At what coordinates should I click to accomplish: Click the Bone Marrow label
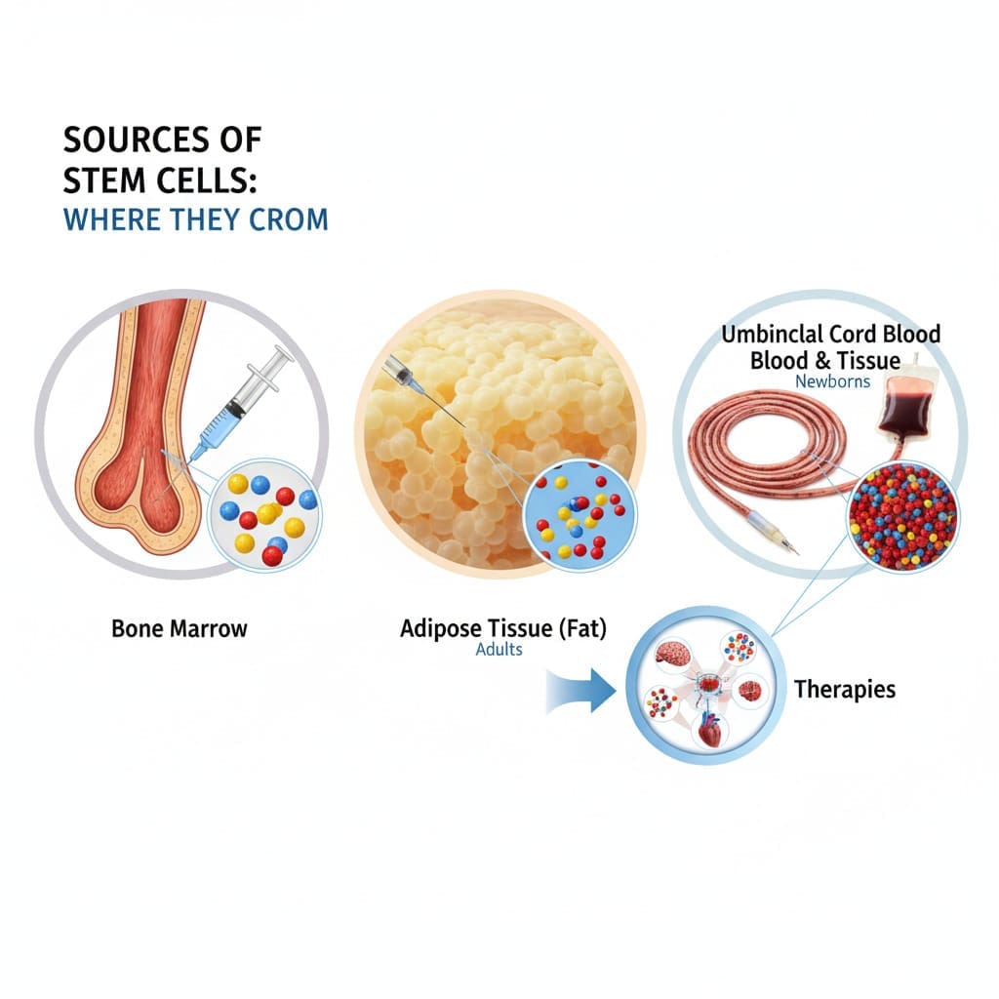pyautogui.click(x=180, y=628)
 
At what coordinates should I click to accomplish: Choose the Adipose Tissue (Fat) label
pyautogui.click(x=503, y=629)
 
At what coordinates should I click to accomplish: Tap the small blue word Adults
pyautogui.click(x=499, y=649)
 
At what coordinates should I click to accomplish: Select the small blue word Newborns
pyautogui.click(x=831, y=380)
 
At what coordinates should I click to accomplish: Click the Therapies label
pyautogui.click(x=844, y=690)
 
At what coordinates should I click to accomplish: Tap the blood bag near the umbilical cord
pyautogui.click(x=908, y=404)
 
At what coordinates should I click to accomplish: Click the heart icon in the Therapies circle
pyautogui.click(x=709, y=733)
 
